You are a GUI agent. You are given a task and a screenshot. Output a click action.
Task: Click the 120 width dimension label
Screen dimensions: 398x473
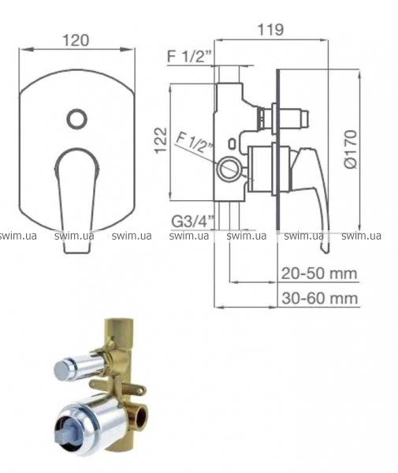(76, 40)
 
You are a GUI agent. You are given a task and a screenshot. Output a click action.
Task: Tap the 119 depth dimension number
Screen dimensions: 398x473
(270, 30)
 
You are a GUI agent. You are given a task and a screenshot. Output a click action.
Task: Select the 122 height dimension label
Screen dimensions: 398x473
(161, 140)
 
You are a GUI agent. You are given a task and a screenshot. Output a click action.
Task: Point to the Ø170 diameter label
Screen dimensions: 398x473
(350, 149)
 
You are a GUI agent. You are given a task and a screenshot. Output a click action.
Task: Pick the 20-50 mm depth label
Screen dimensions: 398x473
(319, 274)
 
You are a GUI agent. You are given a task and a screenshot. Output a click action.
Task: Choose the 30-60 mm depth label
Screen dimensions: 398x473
(320, 298)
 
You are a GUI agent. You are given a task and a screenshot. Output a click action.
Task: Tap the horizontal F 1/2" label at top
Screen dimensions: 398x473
(190, 56)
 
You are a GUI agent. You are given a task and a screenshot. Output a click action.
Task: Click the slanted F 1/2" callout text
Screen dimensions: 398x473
(193, 144)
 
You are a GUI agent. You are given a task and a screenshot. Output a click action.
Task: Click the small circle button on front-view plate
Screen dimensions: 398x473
(77, 118)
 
